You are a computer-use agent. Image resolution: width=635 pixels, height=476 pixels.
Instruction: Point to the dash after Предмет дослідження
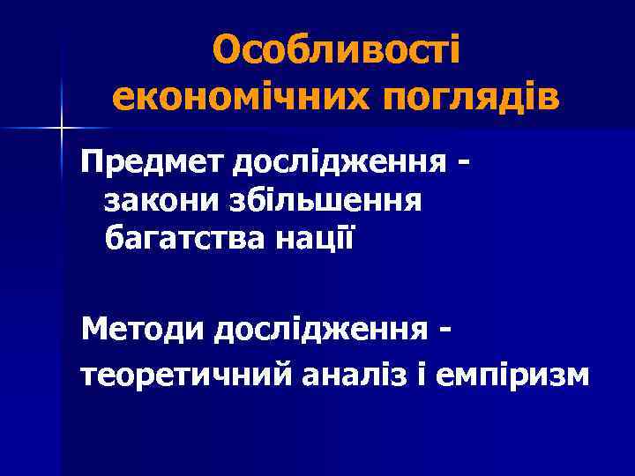pyautogui.click(x=464, y=164)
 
